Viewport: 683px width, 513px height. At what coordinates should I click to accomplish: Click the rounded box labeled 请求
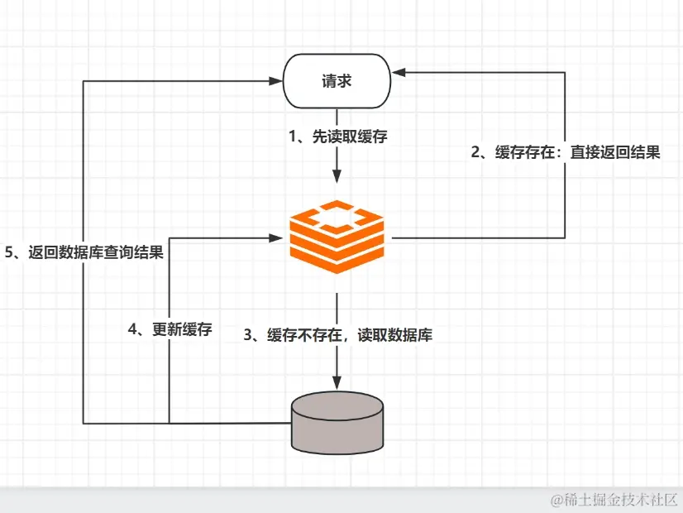(x=337, y=81)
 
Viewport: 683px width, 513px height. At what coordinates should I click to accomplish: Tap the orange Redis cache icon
(x=337, y=237)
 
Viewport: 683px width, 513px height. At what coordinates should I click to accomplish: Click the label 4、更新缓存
(x=170, y=329)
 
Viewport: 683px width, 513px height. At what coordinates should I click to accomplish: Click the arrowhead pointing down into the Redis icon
(x=337, y=176)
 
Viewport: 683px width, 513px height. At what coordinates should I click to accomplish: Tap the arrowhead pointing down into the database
(x=337, y=380)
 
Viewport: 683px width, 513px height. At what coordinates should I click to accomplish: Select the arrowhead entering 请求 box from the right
(x=399, y=73)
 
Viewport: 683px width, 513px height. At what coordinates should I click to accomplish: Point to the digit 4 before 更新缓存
(x=133, y=329)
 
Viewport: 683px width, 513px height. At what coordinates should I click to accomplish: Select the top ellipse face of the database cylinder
(x=338, y=405)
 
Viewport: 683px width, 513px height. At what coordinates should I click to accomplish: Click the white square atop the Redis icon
(x=337, y=218)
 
